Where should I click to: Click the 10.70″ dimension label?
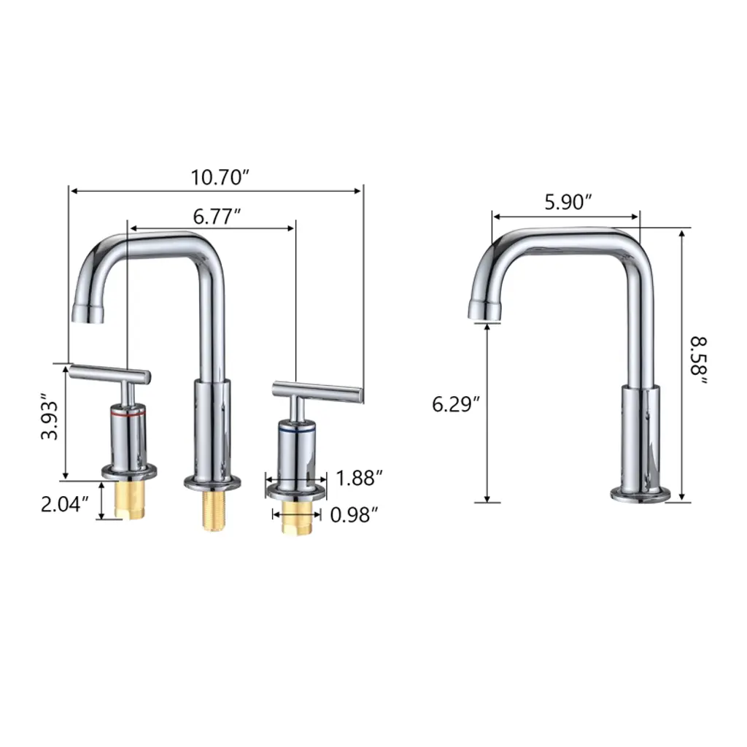coord(220,178)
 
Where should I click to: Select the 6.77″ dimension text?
coord(217,217)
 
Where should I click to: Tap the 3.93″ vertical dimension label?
coord(50,417)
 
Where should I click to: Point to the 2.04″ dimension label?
coord(65,504)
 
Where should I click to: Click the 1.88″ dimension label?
coord(359,479)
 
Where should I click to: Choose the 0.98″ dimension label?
coord(354,515)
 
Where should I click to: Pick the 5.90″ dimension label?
coord(568,203)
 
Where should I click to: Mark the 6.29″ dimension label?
coord(455,404)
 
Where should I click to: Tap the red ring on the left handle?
coord(128,415)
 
